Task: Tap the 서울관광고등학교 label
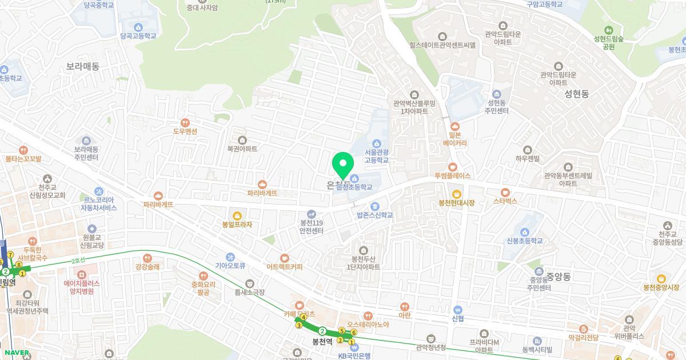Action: [377, 156]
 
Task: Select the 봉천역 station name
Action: [322, 342]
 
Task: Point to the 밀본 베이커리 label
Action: [455, 139]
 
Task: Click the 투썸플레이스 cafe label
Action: [452, 175]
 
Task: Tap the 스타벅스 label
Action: [505, 201]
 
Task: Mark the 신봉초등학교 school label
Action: [523, 241]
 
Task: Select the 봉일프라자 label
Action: [237, 225]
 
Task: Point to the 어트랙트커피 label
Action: [284, 266]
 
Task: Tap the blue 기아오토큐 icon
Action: [230, 258]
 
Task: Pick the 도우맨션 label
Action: [185, 131]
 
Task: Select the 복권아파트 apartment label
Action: [242, 148]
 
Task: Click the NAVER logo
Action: [16, 353]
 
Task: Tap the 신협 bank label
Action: [457, 318]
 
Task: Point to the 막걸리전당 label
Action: [583, 337]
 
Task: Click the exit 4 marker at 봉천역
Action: [304, 317]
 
